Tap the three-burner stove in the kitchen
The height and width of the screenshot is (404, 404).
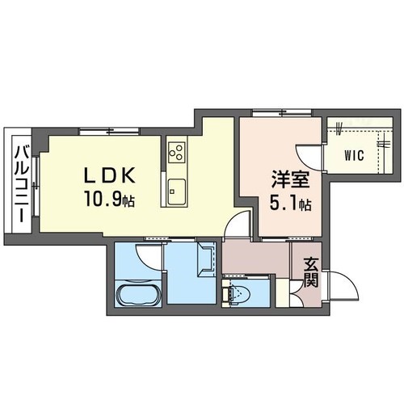coord(176,151)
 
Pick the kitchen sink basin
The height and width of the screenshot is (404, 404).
coord(176,192)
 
